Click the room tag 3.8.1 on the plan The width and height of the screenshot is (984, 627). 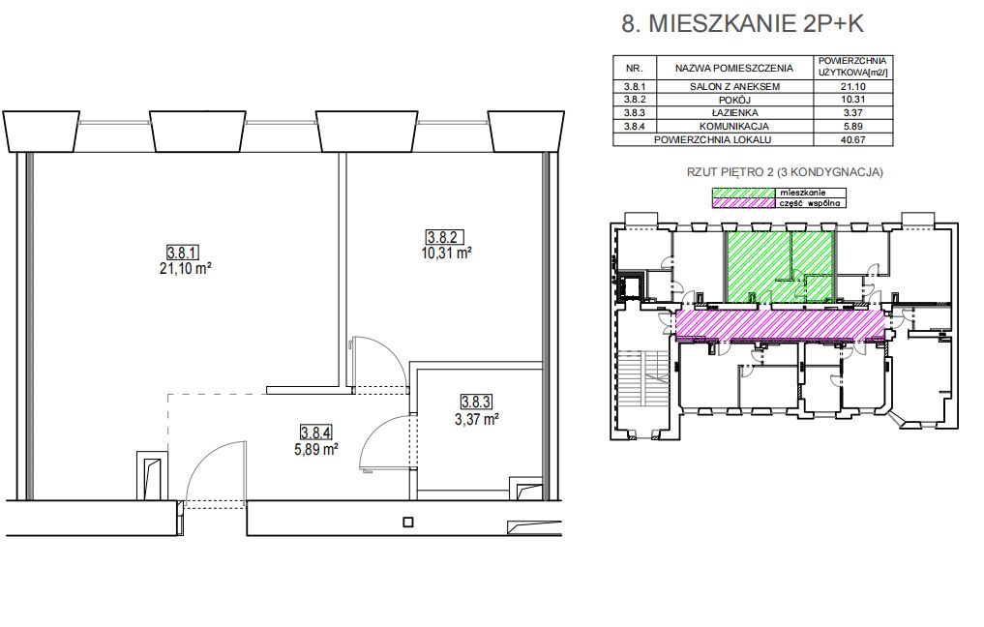pos(183,253)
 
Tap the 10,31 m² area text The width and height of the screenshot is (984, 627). pos(446,253)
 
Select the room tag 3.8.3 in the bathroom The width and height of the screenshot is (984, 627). pos(476,402)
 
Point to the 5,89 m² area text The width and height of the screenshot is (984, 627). pos(316,449)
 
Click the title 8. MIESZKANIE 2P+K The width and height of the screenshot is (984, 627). pos(743,23)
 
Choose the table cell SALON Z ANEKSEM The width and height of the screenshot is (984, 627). pos(734,87)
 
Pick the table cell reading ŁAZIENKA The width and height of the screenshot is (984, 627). pos(734,113)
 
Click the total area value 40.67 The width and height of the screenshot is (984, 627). pos(852,140)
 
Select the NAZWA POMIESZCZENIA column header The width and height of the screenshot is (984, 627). pos(734,68)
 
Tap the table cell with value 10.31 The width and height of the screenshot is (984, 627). pos(852,100)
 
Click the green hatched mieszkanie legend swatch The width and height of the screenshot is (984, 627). pos(742,193)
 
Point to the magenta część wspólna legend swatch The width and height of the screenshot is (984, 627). pos(742,203)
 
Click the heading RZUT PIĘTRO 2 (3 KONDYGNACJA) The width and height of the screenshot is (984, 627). pos(785,172)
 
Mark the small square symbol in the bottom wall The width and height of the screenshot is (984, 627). pos(408,522)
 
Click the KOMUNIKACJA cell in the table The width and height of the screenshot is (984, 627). pos(734,126)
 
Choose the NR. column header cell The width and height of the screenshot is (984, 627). pos(635,68)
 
